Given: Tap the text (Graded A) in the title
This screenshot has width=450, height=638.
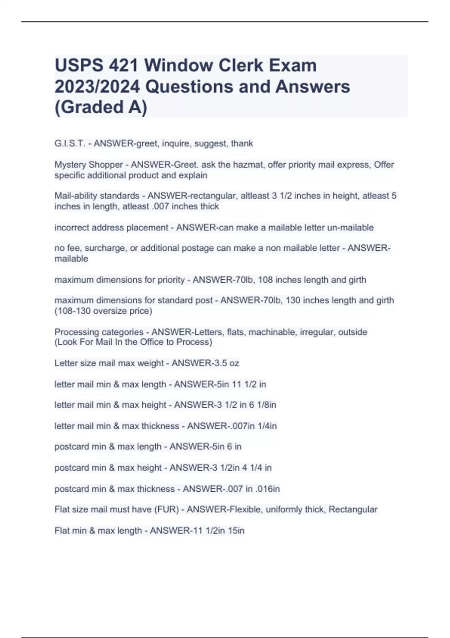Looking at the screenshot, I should (101, 107).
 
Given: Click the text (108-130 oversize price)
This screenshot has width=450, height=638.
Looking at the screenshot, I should (103, 311).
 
